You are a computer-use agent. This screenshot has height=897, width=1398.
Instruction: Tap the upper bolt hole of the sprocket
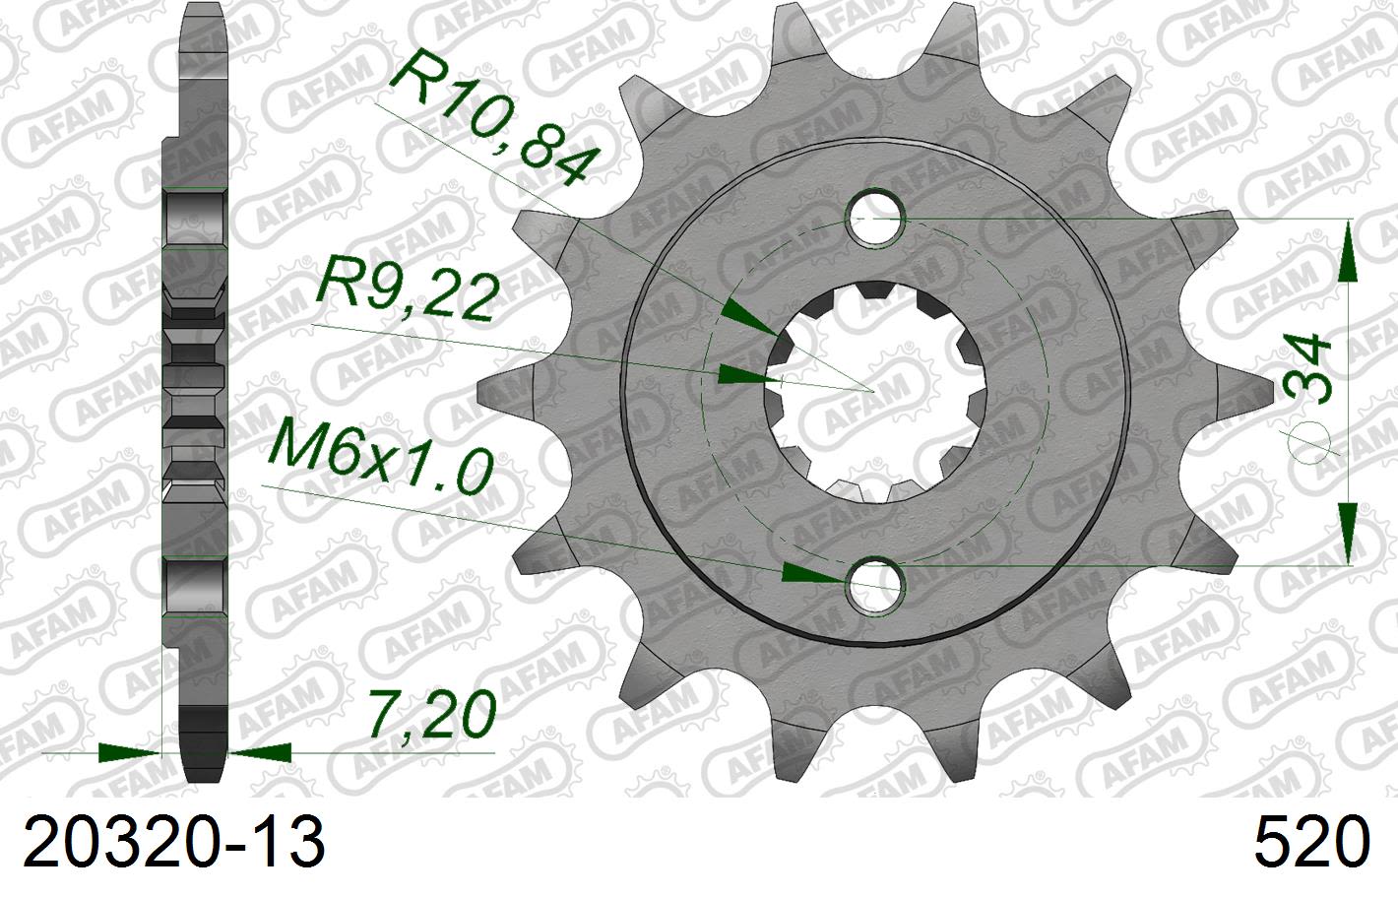click(x=875, y=218)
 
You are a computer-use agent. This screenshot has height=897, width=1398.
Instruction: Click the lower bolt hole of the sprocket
click(x=875, y=583)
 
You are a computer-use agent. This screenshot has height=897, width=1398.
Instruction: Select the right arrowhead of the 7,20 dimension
click(x=261, y=753)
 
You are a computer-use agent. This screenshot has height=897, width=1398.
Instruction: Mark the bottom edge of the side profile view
click(x=205, y=781)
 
